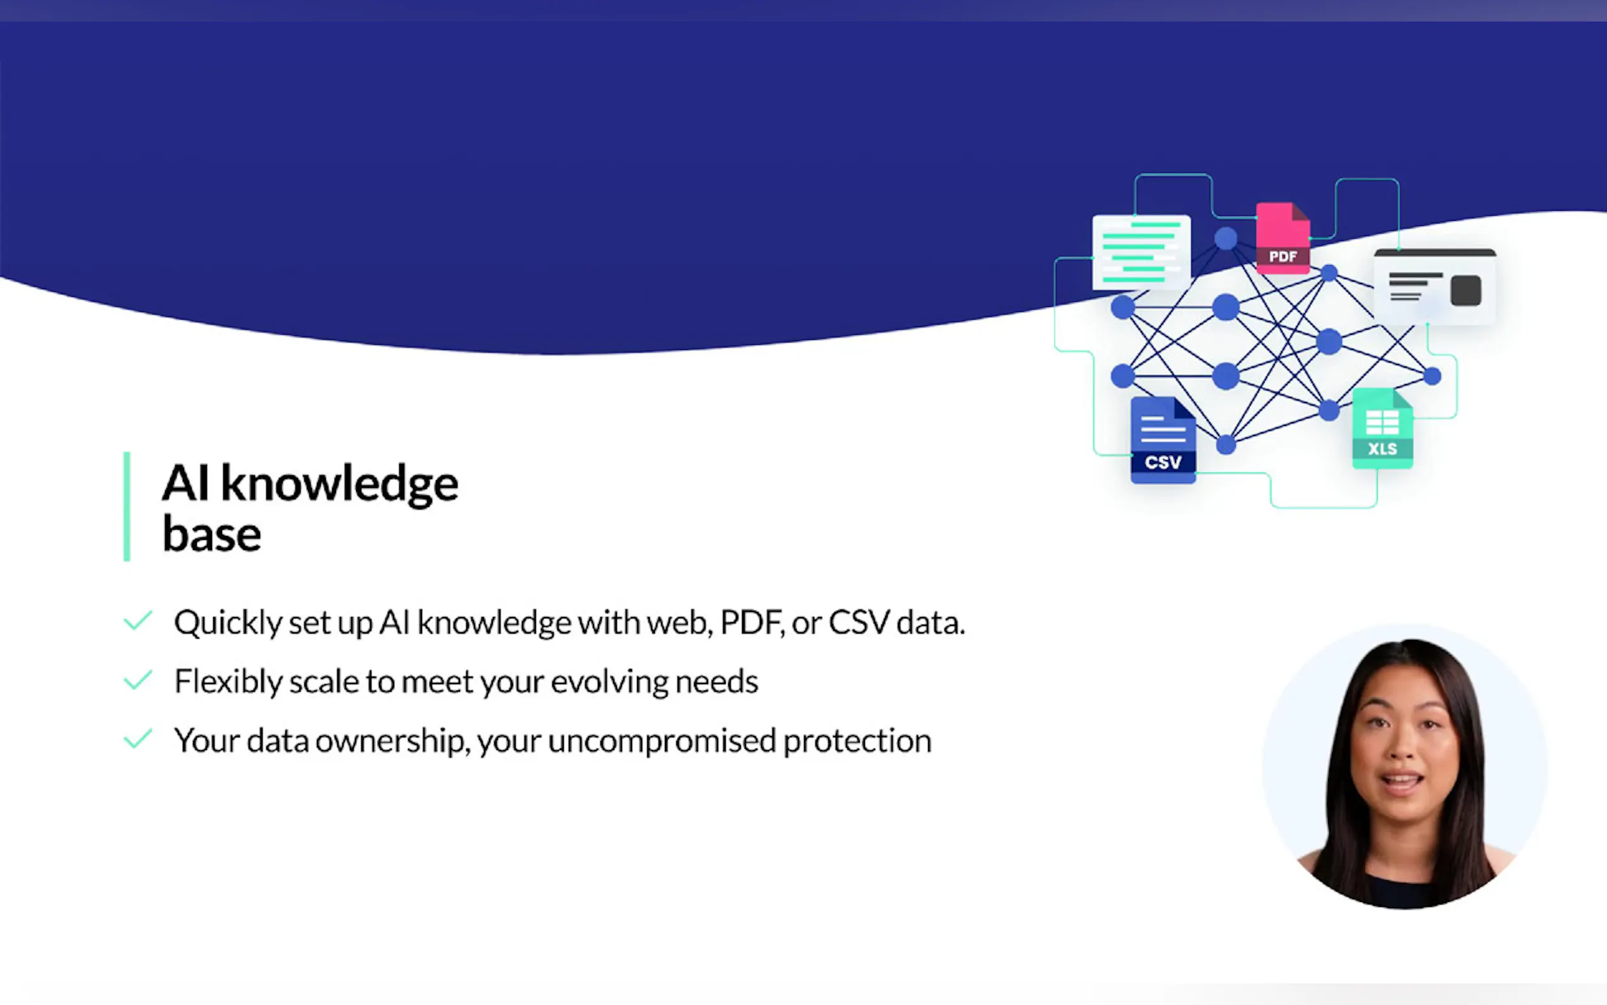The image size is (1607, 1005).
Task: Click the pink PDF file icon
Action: tap(1283, 238)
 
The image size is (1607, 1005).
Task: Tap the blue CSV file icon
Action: tap(1163, 439)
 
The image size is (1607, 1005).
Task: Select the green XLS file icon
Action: tap(1382, 428)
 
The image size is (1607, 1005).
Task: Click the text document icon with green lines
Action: tap(1141, 252)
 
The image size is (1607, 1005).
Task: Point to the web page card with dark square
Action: tap(1435, 287)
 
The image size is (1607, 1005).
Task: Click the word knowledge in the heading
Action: tap(340, 484)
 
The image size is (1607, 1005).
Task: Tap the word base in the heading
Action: tap(212, 534)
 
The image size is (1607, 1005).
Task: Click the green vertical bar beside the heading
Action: tap(127, 506)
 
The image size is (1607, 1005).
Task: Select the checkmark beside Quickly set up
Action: tap(138, 621)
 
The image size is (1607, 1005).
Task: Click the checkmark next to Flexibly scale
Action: tap(138, 680)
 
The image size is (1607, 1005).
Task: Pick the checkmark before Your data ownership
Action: tap(138, 739)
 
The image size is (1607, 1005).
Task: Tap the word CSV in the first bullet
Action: tap(859, 622)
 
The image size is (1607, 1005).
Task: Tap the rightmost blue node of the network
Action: tap(1432, 376)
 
